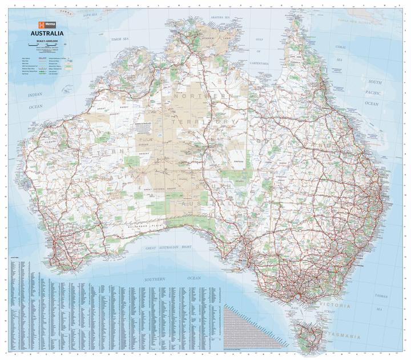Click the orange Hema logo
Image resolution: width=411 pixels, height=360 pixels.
click(x=43, y=24)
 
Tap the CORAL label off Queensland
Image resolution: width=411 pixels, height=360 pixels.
click(x=340, y=46)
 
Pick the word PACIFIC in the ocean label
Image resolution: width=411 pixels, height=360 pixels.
click(x=373, y=93)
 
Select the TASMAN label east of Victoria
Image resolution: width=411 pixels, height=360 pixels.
click(x=381, y=296)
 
